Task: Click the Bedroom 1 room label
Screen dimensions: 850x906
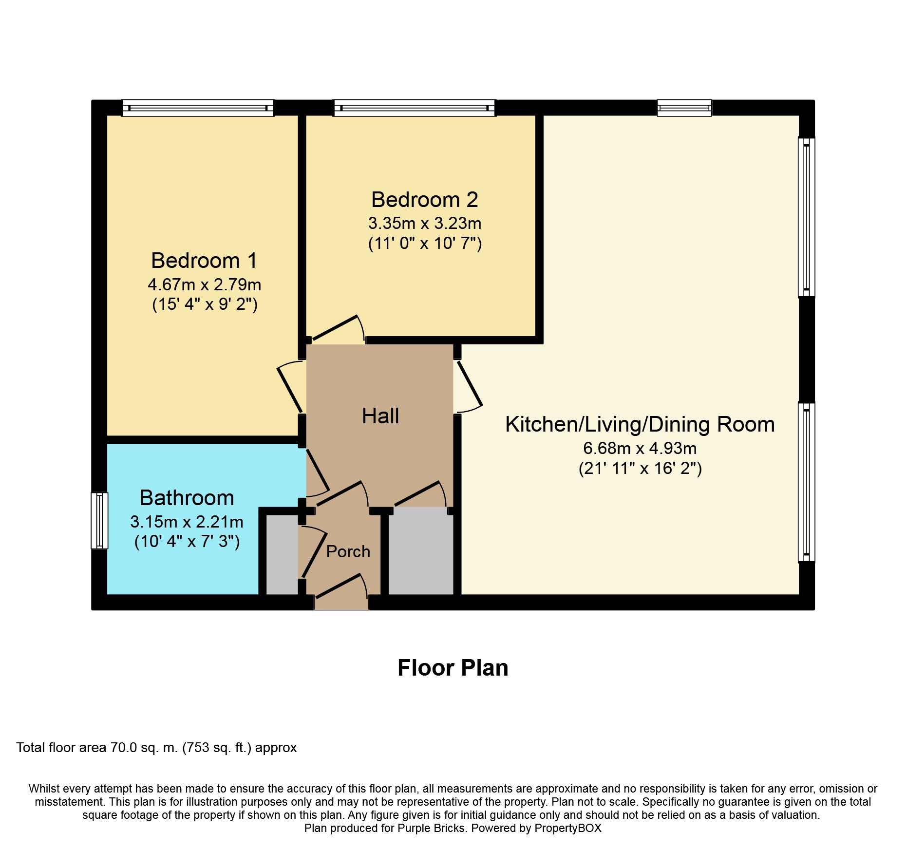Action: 204,261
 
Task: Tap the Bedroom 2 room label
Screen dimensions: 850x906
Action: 424,200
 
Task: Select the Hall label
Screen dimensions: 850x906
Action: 380,416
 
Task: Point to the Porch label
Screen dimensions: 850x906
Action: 348,551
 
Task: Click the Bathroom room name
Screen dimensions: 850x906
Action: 187,498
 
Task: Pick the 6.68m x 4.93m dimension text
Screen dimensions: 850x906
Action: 640,448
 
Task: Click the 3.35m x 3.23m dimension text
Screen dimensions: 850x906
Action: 424,224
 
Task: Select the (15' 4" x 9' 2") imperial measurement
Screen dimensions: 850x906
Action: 205,304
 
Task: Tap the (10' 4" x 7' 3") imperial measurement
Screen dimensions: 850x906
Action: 187,542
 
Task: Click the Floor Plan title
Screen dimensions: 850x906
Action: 453,668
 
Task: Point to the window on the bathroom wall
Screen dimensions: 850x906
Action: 99,521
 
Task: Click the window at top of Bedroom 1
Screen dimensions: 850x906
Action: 198,108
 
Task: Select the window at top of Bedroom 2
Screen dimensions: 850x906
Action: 414,108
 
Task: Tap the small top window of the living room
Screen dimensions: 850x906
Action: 684,108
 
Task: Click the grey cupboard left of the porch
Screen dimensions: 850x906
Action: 282,554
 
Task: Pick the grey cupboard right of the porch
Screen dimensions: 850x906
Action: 420,550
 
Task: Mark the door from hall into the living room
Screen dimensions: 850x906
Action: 469,385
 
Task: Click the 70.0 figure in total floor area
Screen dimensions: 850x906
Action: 124,748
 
